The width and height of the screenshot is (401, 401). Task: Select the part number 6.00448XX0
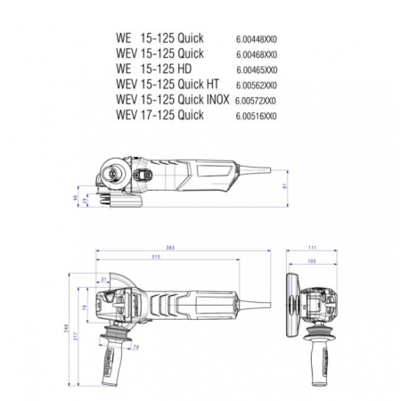(257, 40)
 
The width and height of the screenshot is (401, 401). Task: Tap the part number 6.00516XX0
(257, 116)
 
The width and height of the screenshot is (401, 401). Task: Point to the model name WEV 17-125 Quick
(160, 116)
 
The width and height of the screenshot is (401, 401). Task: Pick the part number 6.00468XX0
(257, 53)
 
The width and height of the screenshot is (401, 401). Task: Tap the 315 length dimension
(155, 258)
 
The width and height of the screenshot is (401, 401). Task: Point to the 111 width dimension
(312, 248)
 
